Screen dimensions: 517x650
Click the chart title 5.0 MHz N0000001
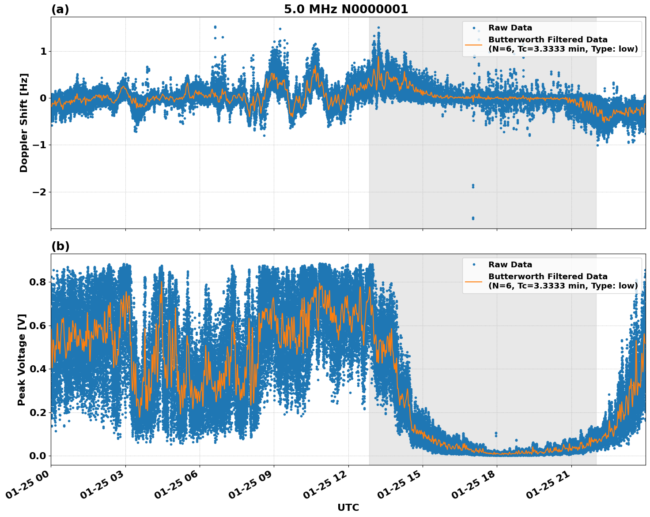[346, 9]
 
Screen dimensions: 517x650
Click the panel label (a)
[60, 9]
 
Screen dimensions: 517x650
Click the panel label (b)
[60, 246]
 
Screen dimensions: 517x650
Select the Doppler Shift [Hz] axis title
[24, 123]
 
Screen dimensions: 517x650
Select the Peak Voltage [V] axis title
[22, 360]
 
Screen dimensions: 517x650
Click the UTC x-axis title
[348, 508]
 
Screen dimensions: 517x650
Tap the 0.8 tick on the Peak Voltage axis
[38, 282]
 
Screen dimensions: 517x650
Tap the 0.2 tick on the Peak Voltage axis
[38, 412]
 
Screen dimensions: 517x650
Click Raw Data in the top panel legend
[510, 28]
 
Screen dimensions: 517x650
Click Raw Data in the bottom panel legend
[510, 265]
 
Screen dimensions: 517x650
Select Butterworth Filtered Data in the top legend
[548, 40]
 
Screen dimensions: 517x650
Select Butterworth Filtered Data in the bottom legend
[548, 277]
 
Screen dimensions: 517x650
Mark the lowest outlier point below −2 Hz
[473, 218]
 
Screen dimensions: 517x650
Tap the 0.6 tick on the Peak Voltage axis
[38, 326]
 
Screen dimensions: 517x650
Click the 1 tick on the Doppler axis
[43, 52]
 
